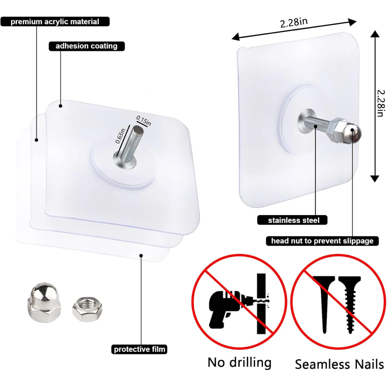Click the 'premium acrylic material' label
(55, 22)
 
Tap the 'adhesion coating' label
(86, 46)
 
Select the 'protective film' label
(139, 349)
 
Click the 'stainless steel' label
(293, 220)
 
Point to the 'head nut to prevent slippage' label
(322, 241)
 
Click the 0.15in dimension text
(144, 121)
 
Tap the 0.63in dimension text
(120, 136)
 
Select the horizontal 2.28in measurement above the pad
(294, 23)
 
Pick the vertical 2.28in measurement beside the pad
(381, 103)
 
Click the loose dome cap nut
(44, 303)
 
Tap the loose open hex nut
(87, 310)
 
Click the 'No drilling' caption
(239, 363)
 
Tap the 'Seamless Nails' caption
(339, 364)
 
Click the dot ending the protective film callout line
(141, 255)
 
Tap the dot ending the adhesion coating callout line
(61, 106)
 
